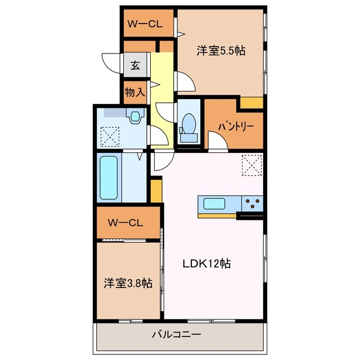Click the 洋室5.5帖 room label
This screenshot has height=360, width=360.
coord(221,51)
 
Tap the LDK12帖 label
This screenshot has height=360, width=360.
coord(206,263)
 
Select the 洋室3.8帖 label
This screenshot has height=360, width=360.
coord(128,283)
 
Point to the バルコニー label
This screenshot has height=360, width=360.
coord(176,334)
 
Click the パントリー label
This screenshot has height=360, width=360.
coord(236,126)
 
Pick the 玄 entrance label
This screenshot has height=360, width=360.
coord(135,65)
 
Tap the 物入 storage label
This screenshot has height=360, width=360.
coord(135,92)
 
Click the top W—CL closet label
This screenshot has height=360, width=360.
coord(145,24)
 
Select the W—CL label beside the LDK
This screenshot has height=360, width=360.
coord(125,223)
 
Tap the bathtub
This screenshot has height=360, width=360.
coord(109,178)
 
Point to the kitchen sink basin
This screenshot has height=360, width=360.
coord(214,204)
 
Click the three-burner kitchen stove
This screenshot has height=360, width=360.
coord(252,204)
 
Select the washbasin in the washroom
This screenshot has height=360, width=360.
coord(135,116)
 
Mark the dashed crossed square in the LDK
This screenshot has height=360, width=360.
coord(251,165)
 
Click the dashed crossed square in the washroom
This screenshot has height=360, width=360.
coord(110,137)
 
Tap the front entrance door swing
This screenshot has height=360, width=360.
coord(111,64)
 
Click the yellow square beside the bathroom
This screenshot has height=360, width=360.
coord(156,191)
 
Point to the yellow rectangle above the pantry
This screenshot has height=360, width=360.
coord(251,102)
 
